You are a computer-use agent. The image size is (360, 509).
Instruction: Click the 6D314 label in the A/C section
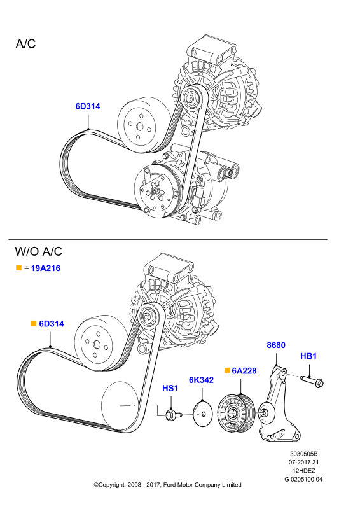(88, 106)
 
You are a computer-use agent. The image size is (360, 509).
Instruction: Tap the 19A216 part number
(45, 268)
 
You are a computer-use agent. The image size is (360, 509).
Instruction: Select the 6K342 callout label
(201, 380)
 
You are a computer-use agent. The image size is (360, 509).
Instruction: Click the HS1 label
(170, 388)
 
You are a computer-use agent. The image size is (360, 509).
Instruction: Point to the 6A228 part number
(244, 371)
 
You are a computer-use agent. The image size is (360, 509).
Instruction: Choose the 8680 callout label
(276, 345)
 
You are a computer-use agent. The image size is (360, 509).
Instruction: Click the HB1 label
(308, 356)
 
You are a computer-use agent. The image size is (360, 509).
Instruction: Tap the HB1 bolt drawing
(312, 381)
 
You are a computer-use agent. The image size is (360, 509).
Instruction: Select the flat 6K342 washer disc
(202, 414)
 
